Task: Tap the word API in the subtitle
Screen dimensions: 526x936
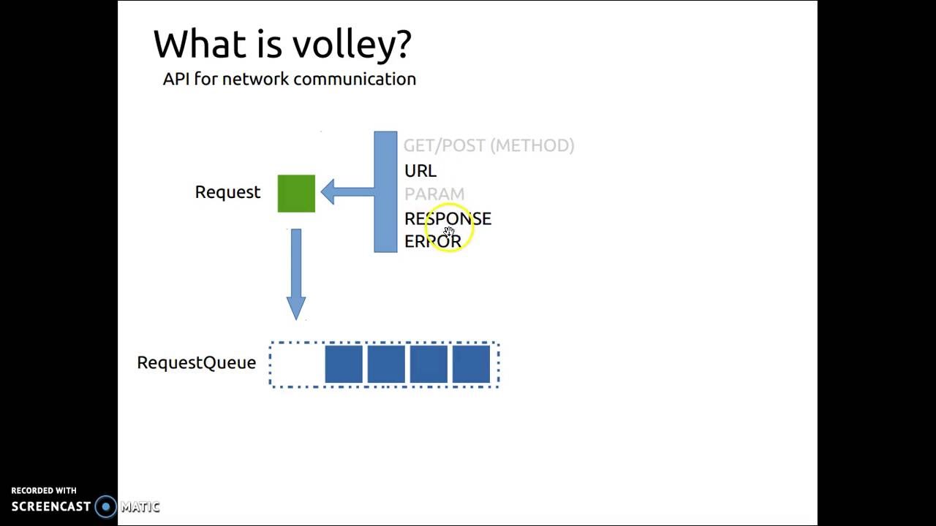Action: coord(175,79)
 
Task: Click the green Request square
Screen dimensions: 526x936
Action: coord(296,194)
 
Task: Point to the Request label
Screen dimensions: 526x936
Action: coord(227,192)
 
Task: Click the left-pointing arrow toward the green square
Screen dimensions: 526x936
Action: coord(347,192)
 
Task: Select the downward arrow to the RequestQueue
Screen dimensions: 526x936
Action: coord(296,273)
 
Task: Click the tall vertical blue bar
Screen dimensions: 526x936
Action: coord(385,192)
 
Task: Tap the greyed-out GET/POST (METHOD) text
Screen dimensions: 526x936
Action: coord(488,145)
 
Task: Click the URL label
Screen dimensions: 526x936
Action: coord(420,171)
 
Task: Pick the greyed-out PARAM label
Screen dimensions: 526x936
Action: coord(434,194)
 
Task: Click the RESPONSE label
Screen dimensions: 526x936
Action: coord(448,218)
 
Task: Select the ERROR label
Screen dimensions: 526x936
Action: coord(432,241)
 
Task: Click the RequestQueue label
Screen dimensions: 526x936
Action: coord(196,363)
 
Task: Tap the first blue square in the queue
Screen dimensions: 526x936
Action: coord(344,365)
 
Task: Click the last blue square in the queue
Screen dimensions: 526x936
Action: coord(471,365)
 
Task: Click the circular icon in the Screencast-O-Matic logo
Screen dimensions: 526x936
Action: coord(106,507)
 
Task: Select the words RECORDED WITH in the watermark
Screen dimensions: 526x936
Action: coord(44,491)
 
